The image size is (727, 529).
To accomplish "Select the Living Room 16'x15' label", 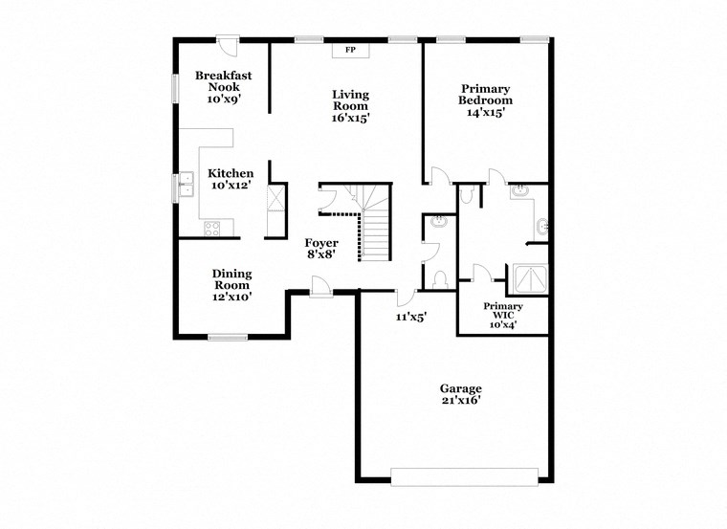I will click(x=350, y=106).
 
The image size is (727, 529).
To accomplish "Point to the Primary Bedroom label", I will click(x=485, y=99).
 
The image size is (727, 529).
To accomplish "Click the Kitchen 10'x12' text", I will click(x=231, y=179).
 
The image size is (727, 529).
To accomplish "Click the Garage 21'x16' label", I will click(x=460, y=394).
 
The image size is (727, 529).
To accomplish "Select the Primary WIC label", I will click(x=503, y=314).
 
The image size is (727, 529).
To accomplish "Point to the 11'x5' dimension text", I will click(x=410, y=315).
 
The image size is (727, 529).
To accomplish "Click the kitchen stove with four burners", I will click(x=212, y=229).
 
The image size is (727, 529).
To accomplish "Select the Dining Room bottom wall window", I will click(x=229, y=336).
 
